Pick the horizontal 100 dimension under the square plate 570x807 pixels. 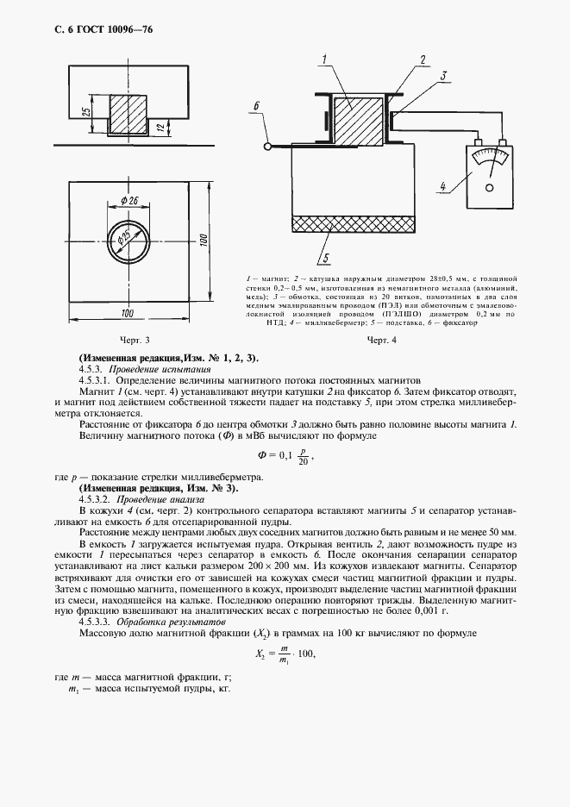click(x=127, y=312)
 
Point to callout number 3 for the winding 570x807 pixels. click(x=442, y=76)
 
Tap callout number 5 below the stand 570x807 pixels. click(x=325, y=256)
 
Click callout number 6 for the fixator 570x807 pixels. click(x=256, y=106)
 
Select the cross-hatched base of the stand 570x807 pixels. click(x=354, y=223)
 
